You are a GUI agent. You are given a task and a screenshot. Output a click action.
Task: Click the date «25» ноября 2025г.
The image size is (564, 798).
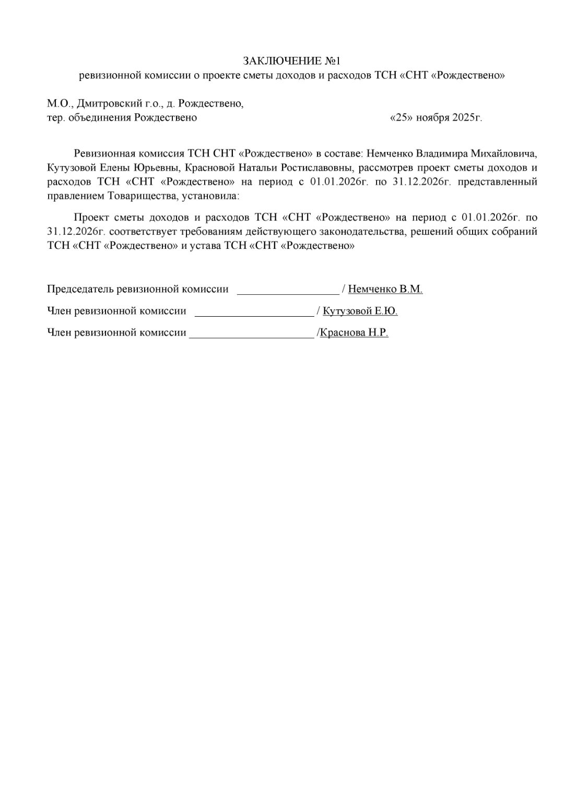click(x=436, y=118)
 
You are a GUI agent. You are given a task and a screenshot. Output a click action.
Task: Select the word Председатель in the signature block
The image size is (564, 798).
click(x=80, y=289)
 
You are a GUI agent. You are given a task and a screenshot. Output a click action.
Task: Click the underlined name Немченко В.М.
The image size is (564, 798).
click(x=385, y=289)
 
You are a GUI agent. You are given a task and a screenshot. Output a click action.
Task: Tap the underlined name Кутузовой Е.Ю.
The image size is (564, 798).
click(x=360, y=311)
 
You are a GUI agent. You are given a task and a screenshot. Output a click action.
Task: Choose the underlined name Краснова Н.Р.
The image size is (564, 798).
click(x=354, y=332)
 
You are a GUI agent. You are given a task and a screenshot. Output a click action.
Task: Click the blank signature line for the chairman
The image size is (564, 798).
click(x=288, y=293)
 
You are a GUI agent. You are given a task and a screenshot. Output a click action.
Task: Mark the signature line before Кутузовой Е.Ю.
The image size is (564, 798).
click(x=254, y=315)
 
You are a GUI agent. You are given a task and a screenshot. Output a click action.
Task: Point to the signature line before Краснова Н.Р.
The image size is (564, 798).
click(x=252, y=336)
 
